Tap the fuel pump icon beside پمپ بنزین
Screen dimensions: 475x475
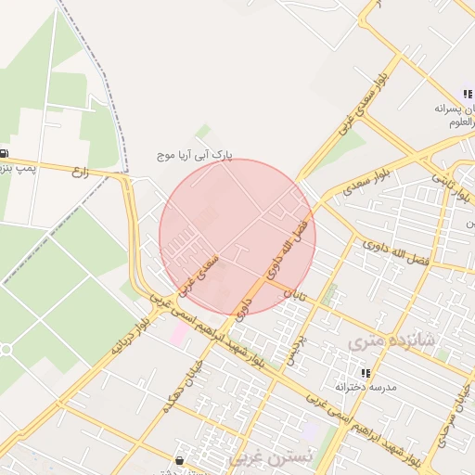5,154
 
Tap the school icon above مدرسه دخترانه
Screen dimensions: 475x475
365,372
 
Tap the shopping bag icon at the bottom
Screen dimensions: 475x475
179,460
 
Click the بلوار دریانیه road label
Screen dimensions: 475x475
129,336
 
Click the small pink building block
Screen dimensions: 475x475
178,333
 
